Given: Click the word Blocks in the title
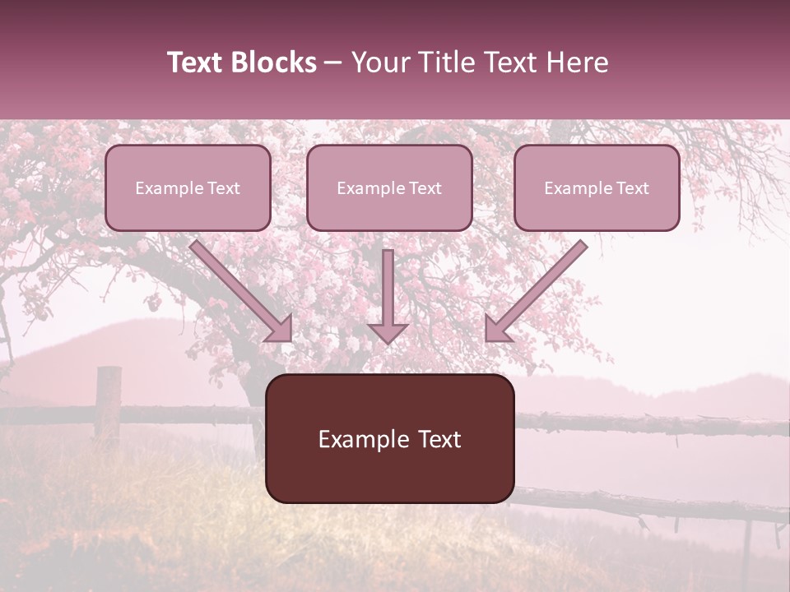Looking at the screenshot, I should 272,62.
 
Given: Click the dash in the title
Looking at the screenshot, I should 333,62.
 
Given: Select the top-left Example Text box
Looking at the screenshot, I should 188,187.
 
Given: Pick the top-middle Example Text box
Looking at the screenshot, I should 389,187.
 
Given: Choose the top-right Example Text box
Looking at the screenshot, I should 597,187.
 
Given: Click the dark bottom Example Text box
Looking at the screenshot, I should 390,438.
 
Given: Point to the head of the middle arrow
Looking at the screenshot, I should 388,332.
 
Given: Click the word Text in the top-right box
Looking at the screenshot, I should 632,188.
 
